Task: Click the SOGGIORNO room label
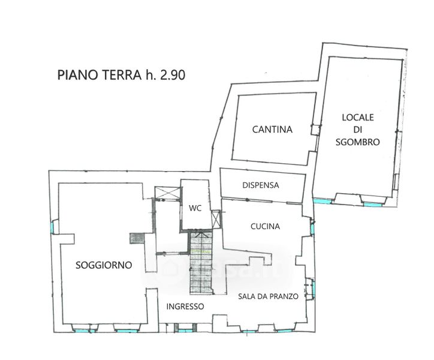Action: pyautogui.click(x=104, y=265)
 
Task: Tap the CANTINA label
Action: pyautogui.click(x=272, y=130)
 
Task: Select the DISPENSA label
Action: pyautogui.click(x=260, y=185)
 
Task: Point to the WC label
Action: pyautogui.click(x=195, y=208)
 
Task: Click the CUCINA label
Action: pyautogui.click(x=265, y=226)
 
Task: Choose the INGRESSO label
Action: pyautogui.click(x=185, y=307)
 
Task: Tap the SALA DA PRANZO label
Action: pyautogui.click(x=268, y=296)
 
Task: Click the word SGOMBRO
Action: pyautogui.click(x=358, y=142)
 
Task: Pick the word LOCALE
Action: pyautogui.click(x=358, y=117)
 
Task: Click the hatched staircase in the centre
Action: pyautogui.click(x=201, y=263)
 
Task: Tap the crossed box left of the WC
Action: pyautogui.click(x=167, y=193)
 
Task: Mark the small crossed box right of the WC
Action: pyautogui.click(x=216, y=219)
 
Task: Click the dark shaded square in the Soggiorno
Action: pyautogui.click(x=137, y=238)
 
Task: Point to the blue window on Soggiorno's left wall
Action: pyautogui.click(x=52, y=227)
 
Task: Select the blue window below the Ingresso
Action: pyautogui.click(x=185, y=331)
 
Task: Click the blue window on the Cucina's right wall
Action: pyautogui.click(x=312, y=229)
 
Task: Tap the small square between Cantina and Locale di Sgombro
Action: pyautogui.click(x=315, y=130)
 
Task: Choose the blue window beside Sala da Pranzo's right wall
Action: pyautogui.click(x=314, y=289)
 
